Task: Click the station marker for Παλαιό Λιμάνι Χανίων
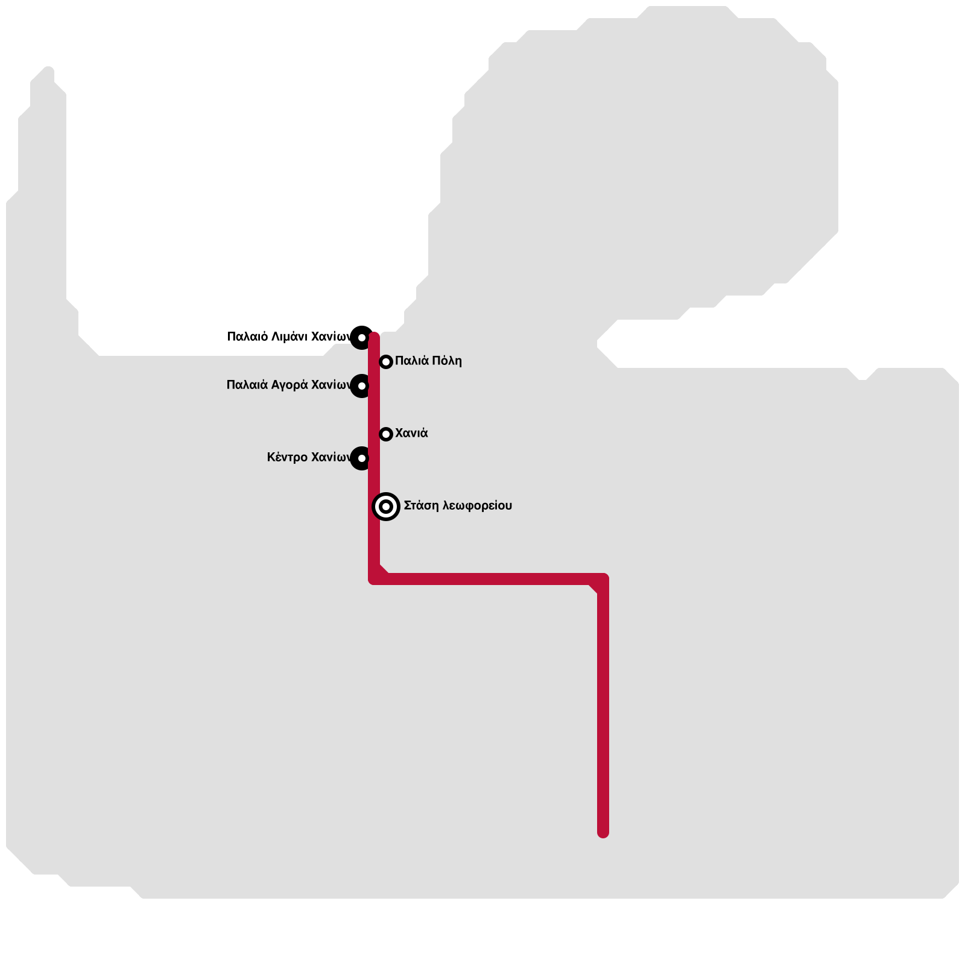tap(361, 337)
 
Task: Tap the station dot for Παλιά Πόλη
tap(386, 362)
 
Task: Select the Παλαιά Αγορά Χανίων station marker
tap(361, 385)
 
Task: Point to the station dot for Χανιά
tap(386, 434)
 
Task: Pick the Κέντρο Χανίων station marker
tap(361, 458)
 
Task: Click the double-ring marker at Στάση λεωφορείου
tap(386, 507)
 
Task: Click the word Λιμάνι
tap(291, 337)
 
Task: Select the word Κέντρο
tap(286, 457)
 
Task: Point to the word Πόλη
tap(446, 361)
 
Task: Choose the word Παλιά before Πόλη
tap(413, 361)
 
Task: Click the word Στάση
tap(421, 505)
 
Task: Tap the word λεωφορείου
tap(477, 505)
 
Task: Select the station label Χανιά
tap(411, 433)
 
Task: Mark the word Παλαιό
tap(247, 337)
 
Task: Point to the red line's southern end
tap(603, 832)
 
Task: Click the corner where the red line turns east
tap(375, 579)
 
